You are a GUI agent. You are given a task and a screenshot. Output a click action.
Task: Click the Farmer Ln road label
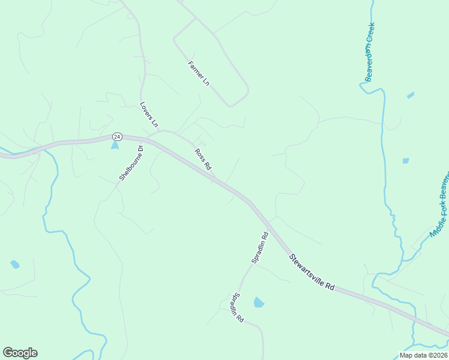click(x=198, y=74)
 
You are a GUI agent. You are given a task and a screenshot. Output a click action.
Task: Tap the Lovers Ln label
click(x=149, y=114)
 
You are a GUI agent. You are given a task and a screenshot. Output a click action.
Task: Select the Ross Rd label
click(x=203, y=158)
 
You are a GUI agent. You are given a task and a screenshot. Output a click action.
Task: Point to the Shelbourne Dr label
click(x=131, y=163)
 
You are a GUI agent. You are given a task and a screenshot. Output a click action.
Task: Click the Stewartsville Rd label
click(x=311, y=272)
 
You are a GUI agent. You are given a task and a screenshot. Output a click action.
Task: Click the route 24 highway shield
click(x=116, y=137)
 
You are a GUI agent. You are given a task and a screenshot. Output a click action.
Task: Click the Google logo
click(x=20, y=353)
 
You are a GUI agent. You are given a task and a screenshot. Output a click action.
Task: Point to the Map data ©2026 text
click(x=423, y=355)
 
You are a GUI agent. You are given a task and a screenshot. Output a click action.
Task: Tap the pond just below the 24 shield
click(x=115, y=146)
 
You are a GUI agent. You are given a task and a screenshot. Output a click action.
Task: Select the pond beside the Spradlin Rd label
click(x=259, y=302)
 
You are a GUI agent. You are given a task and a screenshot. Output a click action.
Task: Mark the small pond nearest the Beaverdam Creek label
click(x=411, y=95)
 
